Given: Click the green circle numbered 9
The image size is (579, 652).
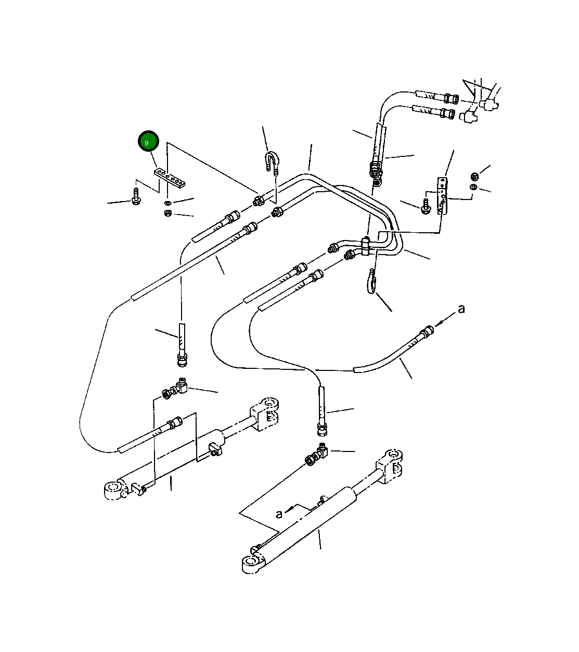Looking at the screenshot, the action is click(x=148, y=141).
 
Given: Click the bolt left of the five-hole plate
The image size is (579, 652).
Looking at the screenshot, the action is click(x=136, y=197).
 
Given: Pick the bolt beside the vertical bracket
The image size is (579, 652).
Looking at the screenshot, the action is click(x=425, y=206).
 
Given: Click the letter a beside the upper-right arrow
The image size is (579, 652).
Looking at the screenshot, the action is click(x=461, y=309).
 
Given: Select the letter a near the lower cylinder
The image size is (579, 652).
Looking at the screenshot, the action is click(x=279, y=514).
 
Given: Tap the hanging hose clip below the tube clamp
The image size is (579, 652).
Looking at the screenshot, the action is click(x=371, y=281).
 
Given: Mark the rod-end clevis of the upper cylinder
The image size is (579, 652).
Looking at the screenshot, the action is click(x=265, y=414).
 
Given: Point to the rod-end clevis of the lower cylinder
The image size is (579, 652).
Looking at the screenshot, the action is click(x=390, y=467).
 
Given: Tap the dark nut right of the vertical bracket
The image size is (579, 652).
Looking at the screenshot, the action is click(x=474, y=176).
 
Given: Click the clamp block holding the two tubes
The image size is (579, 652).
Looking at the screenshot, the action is click(x=366, y=246).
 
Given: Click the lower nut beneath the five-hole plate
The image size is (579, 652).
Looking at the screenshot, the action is click(x=168, y=212).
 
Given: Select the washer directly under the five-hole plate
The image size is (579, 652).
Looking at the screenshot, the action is click(x=167, y=203).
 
